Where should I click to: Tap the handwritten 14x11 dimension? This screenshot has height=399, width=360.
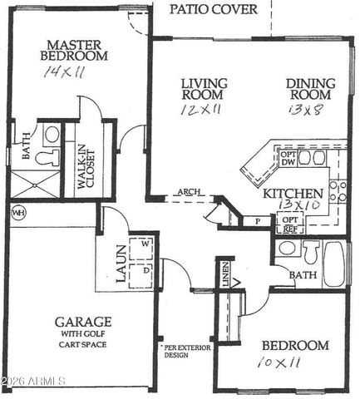coord(66,72)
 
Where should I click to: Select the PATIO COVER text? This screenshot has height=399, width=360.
coord(214,10)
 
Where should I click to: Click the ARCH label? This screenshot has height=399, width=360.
coord(190,192)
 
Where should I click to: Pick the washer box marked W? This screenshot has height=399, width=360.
coord(145,244)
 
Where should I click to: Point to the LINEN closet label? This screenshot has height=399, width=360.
coord(225,275)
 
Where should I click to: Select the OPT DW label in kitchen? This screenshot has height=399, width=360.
coord(288,158)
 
